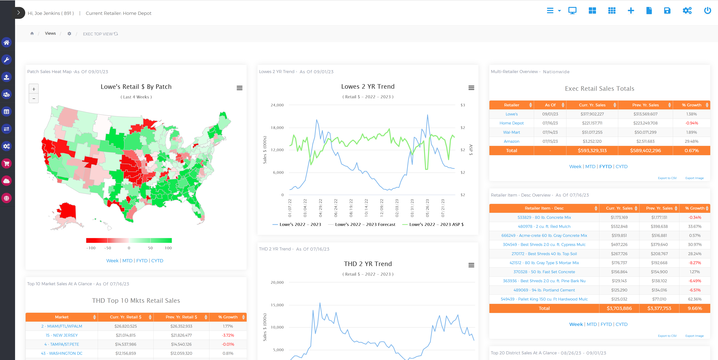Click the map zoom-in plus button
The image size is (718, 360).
pyautogui.click(x=34, y=89)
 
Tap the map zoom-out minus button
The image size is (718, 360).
pyautogui.click(x=34, y=99)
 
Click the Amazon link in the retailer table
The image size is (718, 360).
pyautogui.click(x=511, y=141)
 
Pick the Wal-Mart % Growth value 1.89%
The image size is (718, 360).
pyautogui.click(x=691, y=132)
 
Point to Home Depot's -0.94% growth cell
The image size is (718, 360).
pyautogui.click(x=691, y=123)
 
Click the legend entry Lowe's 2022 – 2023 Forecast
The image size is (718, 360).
pyautogui.click(x=365, y=225)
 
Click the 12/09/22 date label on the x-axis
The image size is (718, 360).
pyautogui.click(x=382, y=208)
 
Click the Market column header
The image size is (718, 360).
pyautogui.click(x=62, y=317)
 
